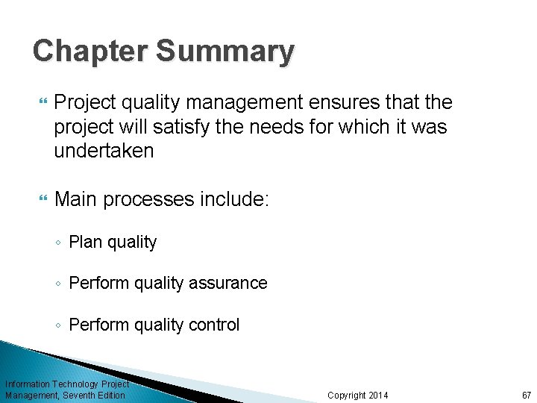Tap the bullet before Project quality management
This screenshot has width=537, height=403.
pyautogui.click(x=41, y=102)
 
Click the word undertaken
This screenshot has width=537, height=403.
pyautogui.click(x=104, y=151)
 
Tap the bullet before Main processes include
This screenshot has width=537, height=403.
pyautogui.click(x=41, y=200)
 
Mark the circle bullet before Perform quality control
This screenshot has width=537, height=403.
pyautogui.click(x=59, y=325)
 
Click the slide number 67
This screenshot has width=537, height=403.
pyautogui.click(x=526, y=395)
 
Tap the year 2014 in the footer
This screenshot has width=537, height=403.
pyautogui.click(x=379, y=395)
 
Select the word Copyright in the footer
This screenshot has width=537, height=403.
pyautogui.click(x=347, y=395)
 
